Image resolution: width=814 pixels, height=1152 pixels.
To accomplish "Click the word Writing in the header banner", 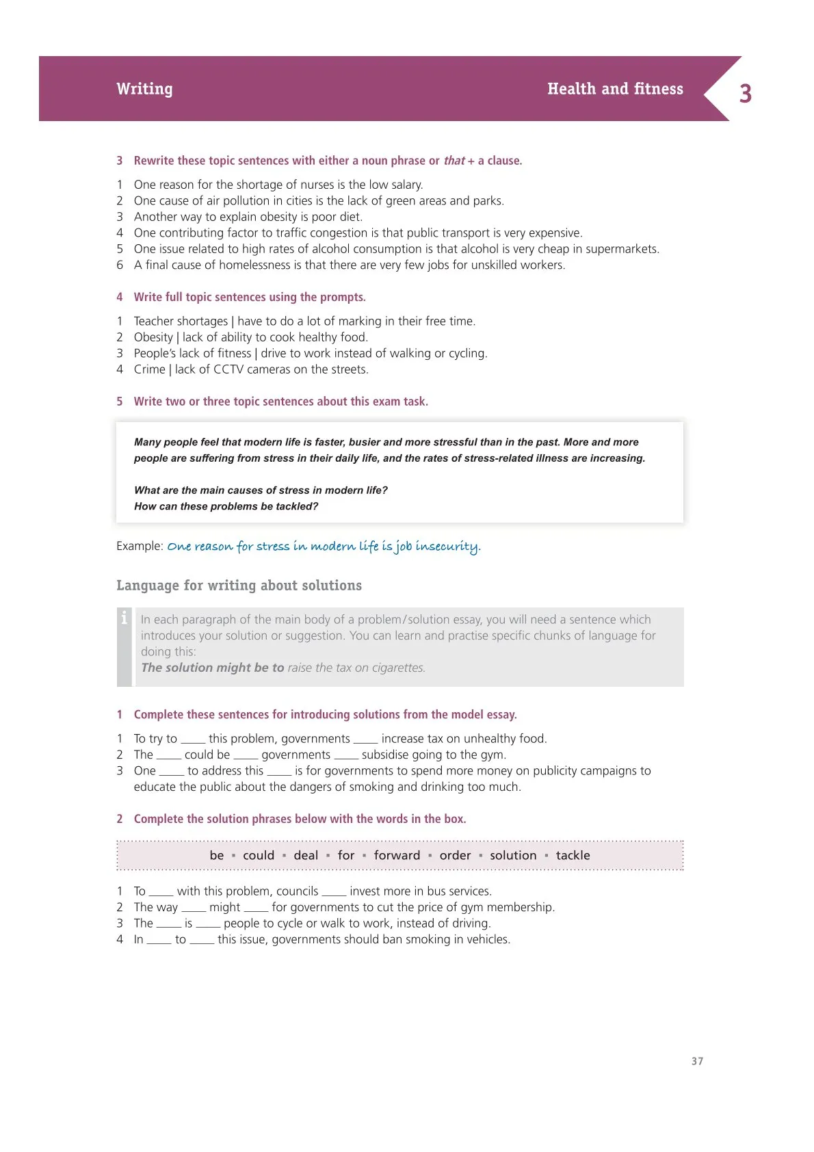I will pyautogui.click(x=144, y=89).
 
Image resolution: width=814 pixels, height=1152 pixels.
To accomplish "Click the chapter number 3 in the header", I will pyautogui.click(x=746, y=94).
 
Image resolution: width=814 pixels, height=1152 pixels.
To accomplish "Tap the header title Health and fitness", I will pyautogui.click(x=615, y=89).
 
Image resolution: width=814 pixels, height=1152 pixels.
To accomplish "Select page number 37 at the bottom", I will pyautogui.click(x=697, y=1061).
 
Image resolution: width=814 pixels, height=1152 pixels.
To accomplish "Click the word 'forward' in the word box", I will pyautogui.click(x=397, y=855).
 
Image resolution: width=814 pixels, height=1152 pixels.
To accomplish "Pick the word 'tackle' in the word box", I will pyautogui.click(x=573, y=855).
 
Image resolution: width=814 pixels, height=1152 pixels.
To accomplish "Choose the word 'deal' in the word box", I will pyautogui.click(x=306, y=855).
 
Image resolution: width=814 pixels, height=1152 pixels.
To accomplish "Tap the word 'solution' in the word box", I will pyautogui.click(x=513, y=855).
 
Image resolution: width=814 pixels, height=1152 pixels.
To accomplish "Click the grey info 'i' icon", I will pyautogui.click(x=124, y=618).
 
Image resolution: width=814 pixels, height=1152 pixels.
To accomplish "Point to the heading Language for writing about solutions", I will pyautogui.click(x=239, y=586).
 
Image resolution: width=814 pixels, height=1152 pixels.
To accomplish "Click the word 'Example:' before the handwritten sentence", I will pyautogui.click(x=140, y=546).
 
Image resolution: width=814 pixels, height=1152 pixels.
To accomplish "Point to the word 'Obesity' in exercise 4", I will pyautogui.click(x=153, y=337).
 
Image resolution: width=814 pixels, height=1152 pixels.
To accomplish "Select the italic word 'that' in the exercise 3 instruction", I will pyautogui.click(x=454, y=161).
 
